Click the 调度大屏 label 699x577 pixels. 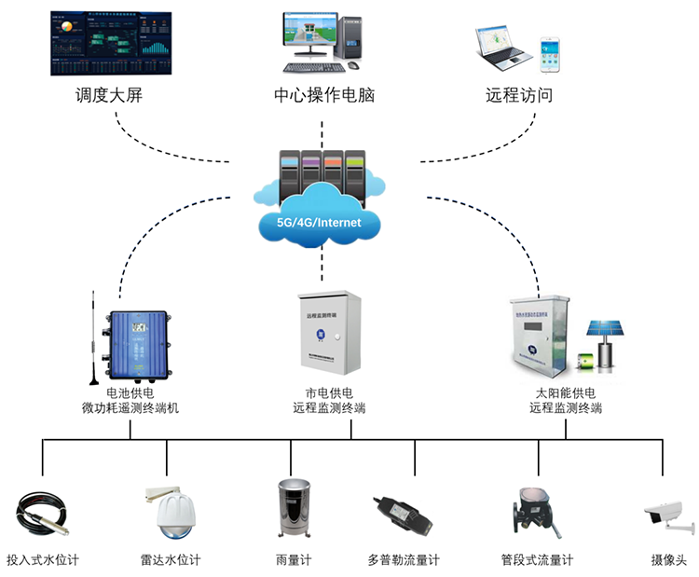(109, 95)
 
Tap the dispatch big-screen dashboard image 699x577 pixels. (109, 43)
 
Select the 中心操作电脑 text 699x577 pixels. (324, 95)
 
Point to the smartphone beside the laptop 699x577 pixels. (550, 53)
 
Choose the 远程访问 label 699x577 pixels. (519, 95)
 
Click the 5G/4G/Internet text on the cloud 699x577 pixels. (320, 223)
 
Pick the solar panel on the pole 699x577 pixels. (604, 329)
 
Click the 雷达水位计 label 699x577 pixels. (170, 560)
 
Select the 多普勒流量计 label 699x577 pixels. (403, 560)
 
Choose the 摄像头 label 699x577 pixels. (668, 560)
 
